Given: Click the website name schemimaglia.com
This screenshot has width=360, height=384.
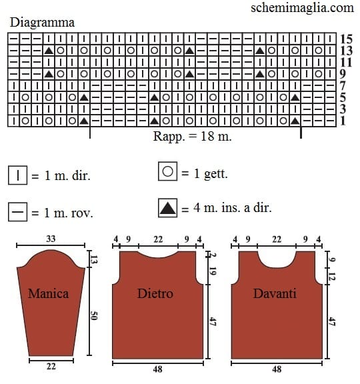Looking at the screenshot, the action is pyautogui.click(x=302, y=7).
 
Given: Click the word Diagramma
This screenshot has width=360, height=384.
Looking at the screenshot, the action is pyautogui.click(x=42, y=23).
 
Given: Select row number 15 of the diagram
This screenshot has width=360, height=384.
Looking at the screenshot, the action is pyautogui.click(x=346, y=39).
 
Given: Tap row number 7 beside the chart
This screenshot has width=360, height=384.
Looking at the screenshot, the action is pyautogui.click(x=343, y=86).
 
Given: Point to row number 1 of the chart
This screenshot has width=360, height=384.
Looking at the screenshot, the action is pyautogui.click(x=343, y=121).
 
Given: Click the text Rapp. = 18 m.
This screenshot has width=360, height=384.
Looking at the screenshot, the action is pyautogui.click(x=192, y=136).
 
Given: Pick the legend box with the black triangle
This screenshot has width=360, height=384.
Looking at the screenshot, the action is pyautogui.click(x=168, y=208).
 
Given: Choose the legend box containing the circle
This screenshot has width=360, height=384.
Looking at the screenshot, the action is pyautogui.click(x=168, y=171).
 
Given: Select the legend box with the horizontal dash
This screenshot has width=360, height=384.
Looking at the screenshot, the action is pyautogui.click(x=17, y=212).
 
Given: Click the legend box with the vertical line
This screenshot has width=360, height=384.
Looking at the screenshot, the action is pyautogui.click(x=17, y=175).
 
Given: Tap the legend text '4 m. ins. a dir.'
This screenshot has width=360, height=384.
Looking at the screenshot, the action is pyautogui.click(x=233, y=208).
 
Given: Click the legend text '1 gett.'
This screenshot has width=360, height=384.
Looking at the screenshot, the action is pyautogui.click(x=211, y=173).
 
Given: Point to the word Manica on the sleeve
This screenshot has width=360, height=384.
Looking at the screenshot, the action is pyautogui.click(x=48, y=293).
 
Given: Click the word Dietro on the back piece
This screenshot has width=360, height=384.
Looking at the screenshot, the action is pyautogui.click(x=155, y=293).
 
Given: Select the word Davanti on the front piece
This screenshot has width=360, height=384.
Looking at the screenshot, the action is pyautogui.click(x=275, y=293).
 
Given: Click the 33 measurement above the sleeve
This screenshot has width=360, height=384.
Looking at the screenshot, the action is pyautogui.click(x=51, y=239).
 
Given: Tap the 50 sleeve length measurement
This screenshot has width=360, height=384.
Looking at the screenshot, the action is pyautogui.click(x=94, y=315).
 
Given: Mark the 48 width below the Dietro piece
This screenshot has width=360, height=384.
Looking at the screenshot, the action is pyautogui.click(x=157, y=369).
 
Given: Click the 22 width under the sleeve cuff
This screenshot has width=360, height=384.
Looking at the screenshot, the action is pyautogui.click(x=51, y=367).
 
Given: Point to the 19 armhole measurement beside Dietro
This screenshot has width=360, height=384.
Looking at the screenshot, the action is pyautogui.click(x=213, y=271).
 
